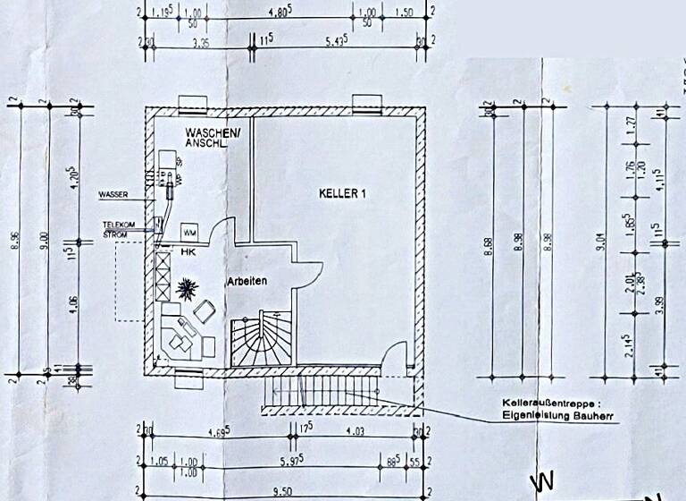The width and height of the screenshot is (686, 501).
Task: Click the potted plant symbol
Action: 188,289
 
